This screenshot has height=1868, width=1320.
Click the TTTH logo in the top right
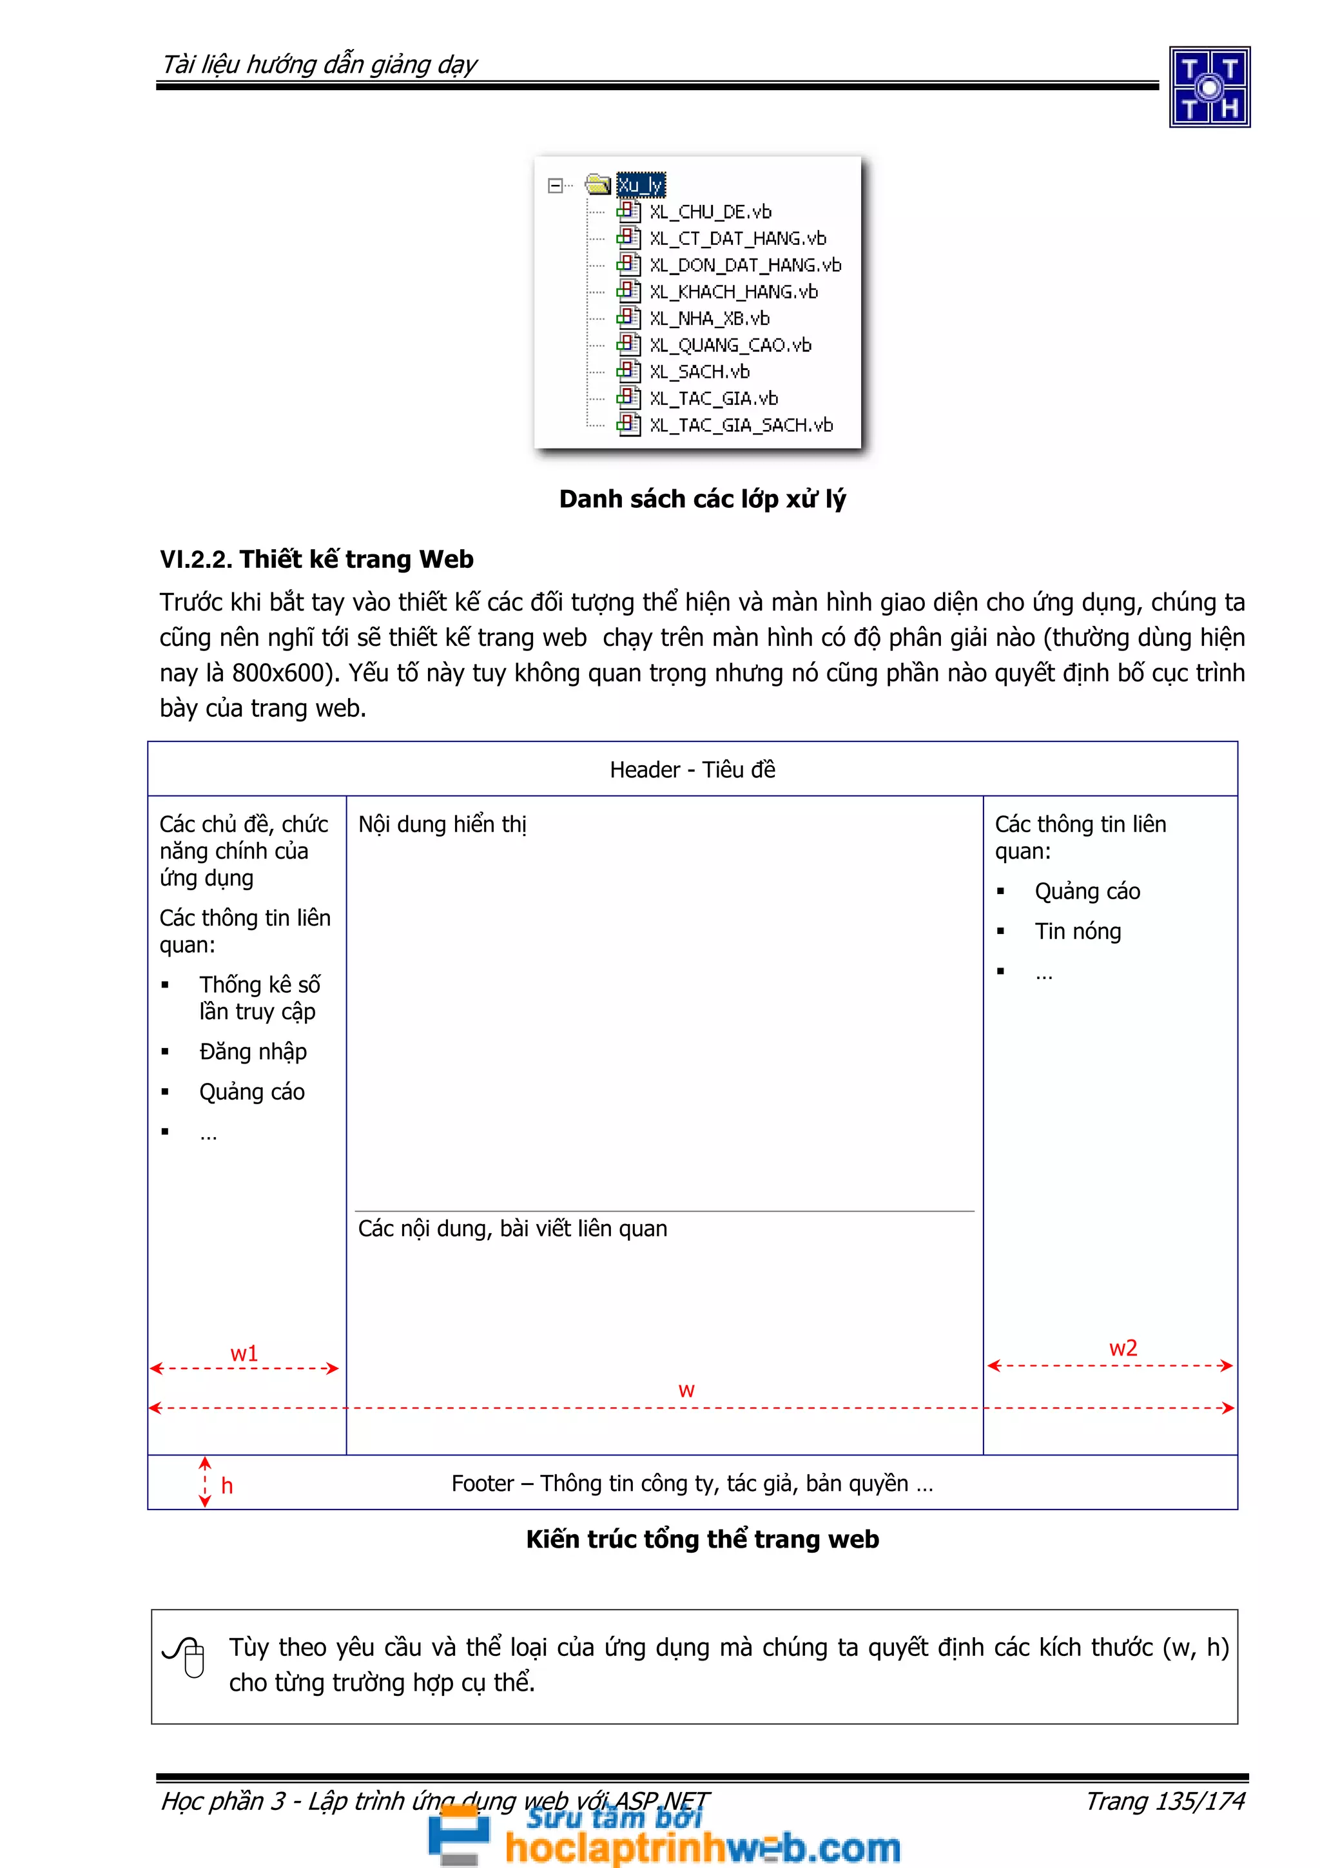[1209, 87]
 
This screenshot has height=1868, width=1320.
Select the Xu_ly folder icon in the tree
[597, 185]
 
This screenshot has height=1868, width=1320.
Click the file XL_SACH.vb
[699, 372]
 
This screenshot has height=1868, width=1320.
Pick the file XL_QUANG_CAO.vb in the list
[730, 345]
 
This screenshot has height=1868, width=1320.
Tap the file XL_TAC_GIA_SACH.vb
[740, 425]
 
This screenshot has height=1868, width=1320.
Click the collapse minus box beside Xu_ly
[555, 186]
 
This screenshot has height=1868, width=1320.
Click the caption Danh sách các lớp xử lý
[702, 499]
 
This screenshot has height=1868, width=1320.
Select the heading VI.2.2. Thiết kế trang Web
[316, 559]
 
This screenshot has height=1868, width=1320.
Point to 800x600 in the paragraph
[277, 673]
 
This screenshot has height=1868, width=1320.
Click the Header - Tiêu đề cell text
[692, 770]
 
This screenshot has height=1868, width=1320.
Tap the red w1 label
[244, 1353]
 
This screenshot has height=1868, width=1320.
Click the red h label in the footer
[227, 1486]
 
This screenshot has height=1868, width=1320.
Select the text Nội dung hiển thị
[442, 824]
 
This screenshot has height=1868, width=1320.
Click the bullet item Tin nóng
[1077, 931]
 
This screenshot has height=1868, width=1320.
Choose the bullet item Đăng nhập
[253, 1051]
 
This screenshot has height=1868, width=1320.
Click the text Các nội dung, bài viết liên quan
[512, 1229]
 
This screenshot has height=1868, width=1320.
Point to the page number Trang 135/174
[1165, 1800]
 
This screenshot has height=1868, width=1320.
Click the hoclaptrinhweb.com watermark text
[702, 1847]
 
